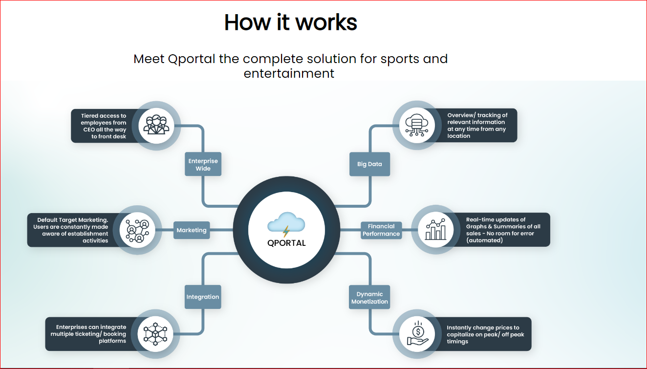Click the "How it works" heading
[x=290, y=22]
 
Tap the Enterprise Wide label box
[x=203, y=164]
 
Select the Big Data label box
[x=369, y=164]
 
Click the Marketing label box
[x=192, y=230]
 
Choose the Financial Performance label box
[x=381, y=230]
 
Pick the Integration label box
[x=203, y=297]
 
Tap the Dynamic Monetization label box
[x=369, y=298]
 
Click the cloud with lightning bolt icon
[x=286, y=224]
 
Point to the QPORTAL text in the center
[x=286, y=243]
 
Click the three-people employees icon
[x=156, y=125]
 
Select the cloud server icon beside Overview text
[x=416, y=125]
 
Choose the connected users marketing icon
[x=138, y=230]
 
